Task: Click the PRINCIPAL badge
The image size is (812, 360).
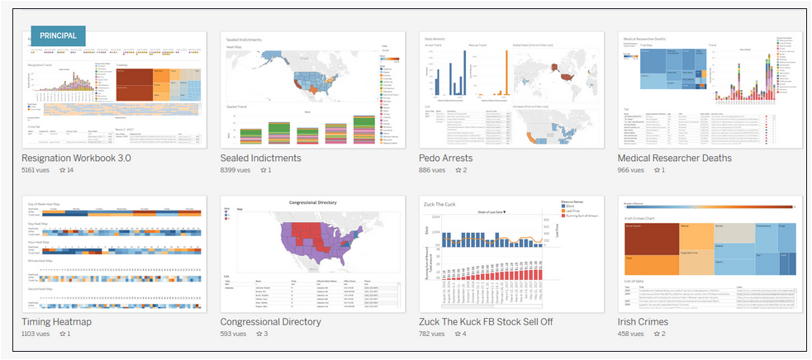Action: coord(58,36)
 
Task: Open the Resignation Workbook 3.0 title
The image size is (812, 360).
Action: coord(76,158)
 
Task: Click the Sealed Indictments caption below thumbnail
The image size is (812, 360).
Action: coord(260,158)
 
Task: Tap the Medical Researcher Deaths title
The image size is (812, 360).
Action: coord(674,158)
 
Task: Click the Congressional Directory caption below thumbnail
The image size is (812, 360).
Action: coord(270,321)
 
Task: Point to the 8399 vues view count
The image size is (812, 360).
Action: coord(237,171)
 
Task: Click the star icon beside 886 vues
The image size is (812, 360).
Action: coord(459,171)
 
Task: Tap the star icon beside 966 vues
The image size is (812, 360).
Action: coord(658,171)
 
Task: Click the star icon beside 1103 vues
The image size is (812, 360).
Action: coord(62,334)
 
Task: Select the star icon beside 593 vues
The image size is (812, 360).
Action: coord(259,334)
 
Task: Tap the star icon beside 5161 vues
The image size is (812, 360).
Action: coord(62,171)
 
